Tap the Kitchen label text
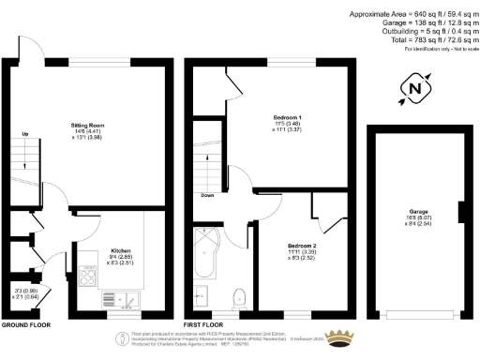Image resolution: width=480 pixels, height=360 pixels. (x=120, y=251)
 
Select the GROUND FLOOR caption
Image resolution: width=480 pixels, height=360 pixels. (x=25, y=323)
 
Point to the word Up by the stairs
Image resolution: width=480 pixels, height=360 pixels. (x=24, y=134)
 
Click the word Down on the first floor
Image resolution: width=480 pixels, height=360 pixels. (x=207, y=196)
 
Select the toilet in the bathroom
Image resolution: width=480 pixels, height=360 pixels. (x=237, y=298)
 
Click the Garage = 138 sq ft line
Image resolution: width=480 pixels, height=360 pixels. (x=426, y=22)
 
